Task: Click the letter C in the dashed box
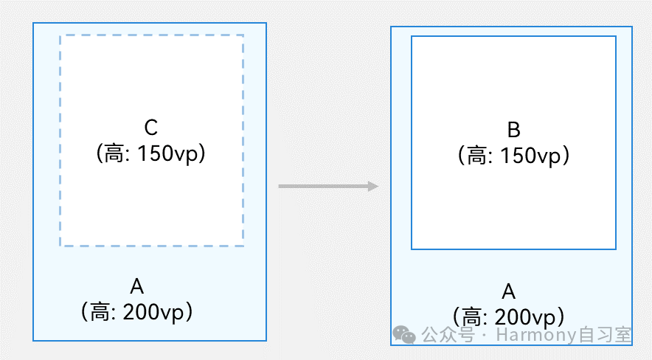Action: [x=150, y=128]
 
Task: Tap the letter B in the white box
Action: [x=514, y=131]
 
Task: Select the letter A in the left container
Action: [x=136, y=286]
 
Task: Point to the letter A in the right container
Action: [x=508, y=291]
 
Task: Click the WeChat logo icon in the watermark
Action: [x=404, y=336]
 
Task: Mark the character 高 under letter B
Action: [x=480, y=156]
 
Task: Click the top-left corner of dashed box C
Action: [x=60, y=35]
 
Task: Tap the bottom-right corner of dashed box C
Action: [x=243, y=246]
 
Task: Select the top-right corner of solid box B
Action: [x=616, y=36]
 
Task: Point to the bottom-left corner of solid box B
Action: [x=412, y=249]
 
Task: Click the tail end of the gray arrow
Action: [x=280, y=187]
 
